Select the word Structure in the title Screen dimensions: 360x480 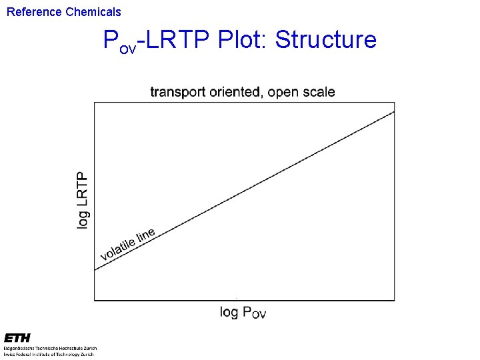click(x=326, y=40)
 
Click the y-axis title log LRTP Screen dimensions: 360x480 click(x=82, y=200)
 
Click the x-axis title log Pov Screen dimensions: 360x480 click(x=243, y=312)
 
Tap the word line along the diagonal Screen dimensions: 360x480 click(x=146, y=234)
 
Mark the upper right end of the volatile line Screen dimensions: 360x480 click(x=394, y=111)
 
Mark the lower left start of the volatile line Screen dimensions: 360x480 click(x=95, y=270)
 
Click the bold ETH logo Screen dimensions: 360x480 click(x=17, y=339)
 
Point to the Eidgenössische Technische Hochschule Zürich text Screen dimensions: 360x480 click(x=50, y=348)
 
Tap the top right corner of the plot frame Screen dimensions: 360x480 click(x=395, y=103)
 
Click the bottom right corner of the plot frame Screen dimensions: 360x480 click(x=395, y=300)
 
